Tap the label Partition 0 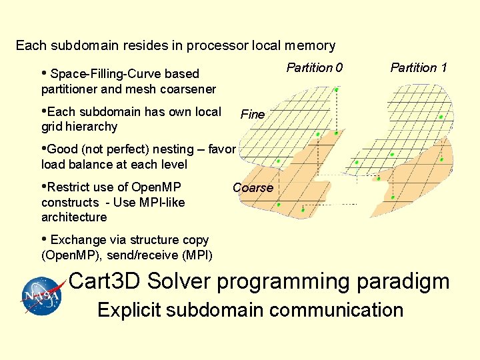[315, 67]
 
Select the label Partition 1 [419, 67]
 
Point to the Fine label [253, 115]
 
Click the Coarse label [253, 188]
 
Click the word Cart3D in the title [105, 281]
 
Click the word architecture [74, 217]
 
